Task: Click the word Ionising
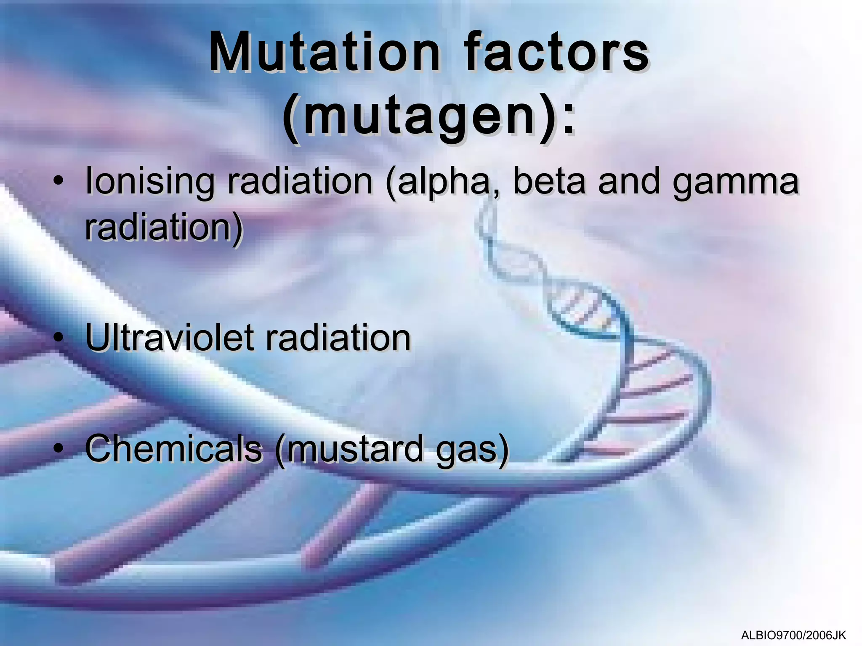(149, 182)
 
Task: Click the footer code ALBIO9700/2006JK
(793, 635)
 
